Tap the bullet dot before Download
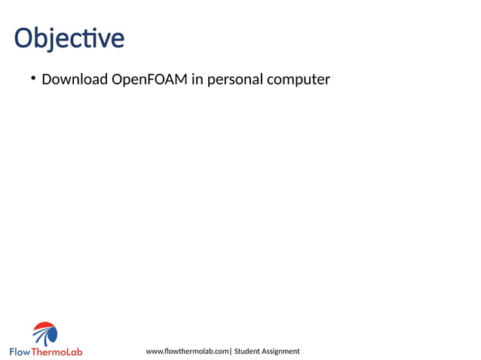pos(34,78)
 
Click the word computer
pos(298,80)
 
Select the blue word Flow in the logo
pos(20,352)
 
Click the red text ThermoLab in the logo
pos(57,352)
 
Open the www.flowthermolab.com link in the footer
pos(187,352)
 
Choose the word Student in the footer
pos(248,352)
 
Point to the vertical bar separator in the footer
pos(230,352)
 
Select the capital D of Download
pos(47,79)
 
